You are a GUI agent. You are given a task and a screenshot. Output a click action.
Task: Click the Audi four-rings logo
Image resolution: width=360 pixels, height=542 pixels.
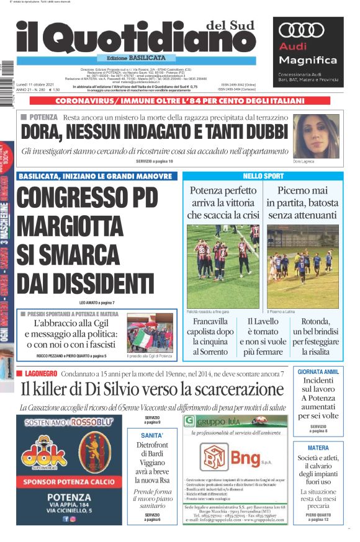click(x=302, y=30)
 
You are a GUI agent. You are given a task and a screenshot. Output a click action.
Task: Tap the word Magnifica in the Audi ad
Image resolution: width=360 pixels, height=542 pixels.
click(x=299, y=60)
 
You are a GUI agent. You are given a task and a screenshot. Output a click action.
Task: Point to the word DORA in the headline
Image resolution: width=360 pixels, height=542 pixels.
click(x=43, y=133)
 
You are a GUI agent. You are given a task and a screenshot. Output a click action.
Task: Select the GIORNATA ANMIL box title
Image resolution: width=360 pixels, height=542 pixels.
click(x=318, y=372)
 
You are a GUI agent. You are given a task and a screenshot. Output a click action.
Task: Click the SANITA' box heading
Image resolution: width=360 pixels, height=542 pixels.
click(x=152, y=435)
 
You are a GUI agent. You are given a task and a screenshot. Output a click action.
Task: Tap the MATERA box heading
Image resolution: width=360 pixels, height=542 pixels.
click(x=318, y=448)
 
